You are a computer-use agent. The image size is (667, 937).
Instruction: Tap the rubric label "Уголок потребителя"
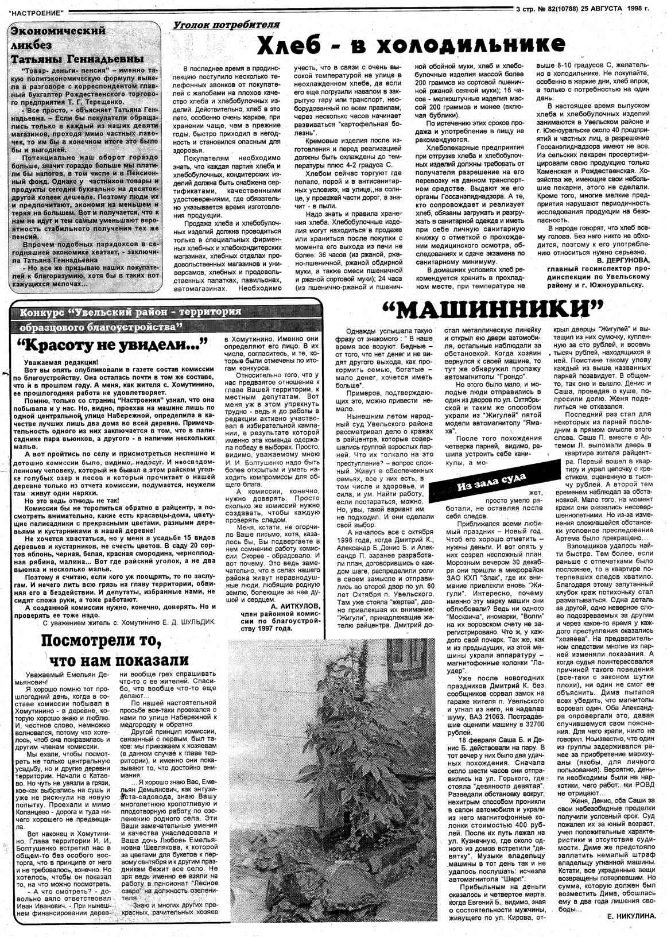coord(227,25)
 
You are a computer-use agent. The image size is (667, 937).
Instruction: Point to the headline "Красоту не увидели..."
coord(111,346)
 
